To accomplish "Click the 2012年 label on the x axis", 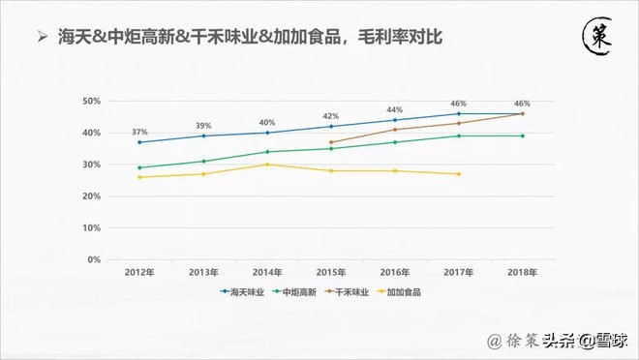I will (139, 272).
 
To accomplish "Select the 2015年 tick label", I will (330, 272).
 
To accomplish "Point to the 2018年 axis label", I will (522, 272).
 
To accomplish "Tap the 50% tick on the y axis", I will (91, 101).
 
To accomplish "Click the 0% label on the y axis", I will (94, 259).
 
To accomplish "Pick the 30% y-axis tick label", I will (91, 165).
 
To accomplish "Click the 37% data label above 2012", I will (139, 132).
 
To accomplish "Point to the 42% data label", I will (330, 116).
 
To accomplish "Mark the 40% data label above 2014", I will (267, 123).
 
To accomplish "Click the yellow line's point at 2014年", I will (267, 165).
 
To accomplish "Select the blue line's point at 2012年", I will (139, 142).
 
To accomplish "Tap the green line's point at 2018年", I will (522, 135).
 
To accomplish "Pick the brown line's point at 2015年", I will (330, 142).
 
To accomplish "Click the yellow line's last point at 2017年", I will (458, 174).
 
